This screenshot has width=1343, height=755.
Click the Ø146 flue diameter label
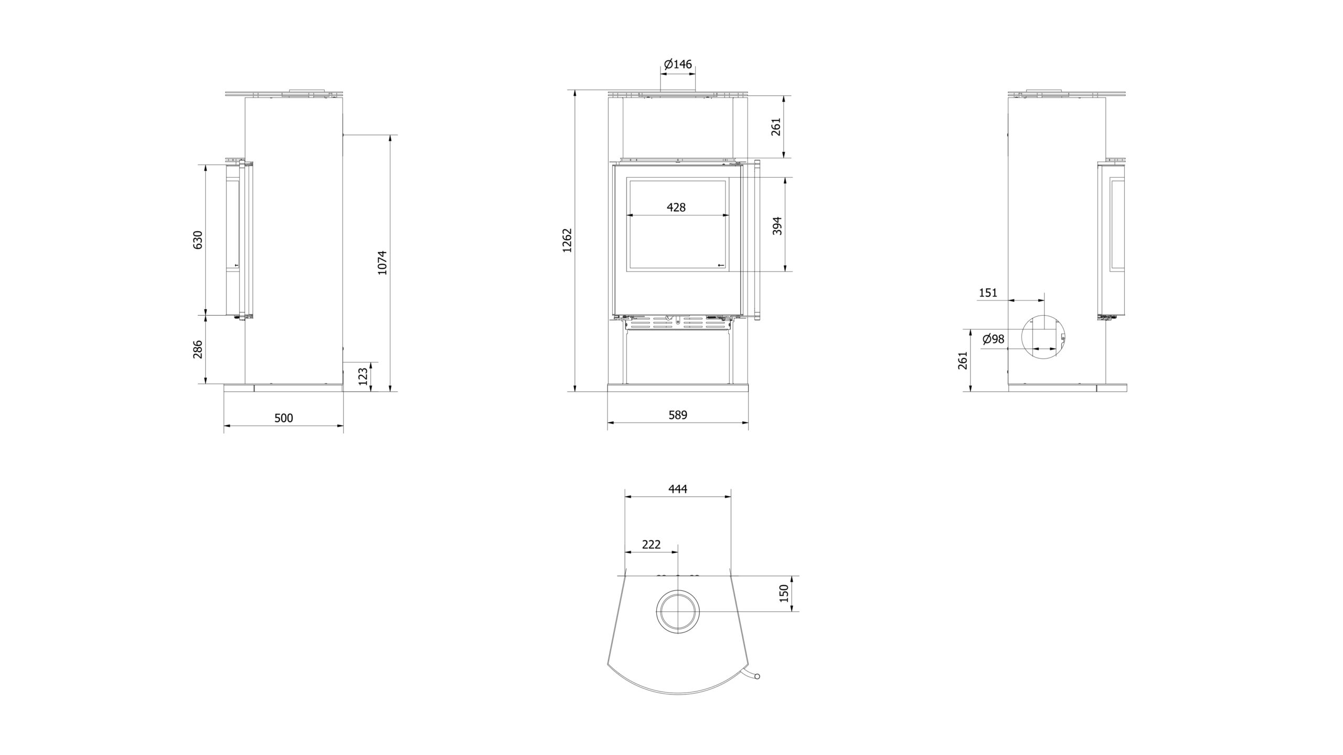[x=677, y=64]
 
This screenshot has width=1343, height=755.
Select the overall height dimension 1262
[x=567, y=241]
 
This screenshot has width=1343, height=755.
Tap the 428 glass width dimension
[x=676, y=208]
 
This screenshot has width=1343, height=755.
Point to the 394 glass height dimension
[x=777, y=225]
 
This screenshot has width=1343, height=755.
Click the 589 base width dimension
[x=677, y=415]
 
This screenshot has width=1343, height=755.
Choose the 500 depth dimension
[x=283, y=418]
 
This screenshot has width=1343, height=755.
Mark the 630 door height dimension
[x=198, y=240]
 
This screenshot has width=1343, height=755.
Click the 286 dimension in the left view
[x=198, y=349]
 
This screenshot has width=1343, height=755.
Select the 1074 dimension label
[x=382, y=262]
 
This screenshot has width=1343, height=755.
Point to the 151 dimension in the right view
[x=988, y=293]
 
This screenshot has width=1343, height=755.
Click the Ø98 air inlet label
[x=993, y=339]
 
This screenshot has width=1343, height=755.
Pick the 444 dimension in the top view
[x=677, y=489]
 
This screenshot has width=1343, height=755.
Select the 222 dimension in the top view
[x=651, y=545]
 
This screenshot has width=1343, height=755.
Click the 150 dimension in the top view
[x=784, y=593]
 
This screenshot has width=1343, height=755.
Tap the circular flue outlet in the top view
[x=678, y=612]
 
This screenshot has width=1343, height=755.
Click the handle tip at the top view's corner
[x=756, y=691]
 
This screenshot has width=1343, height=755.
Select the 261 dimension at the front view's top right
[x=776, y=126]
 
